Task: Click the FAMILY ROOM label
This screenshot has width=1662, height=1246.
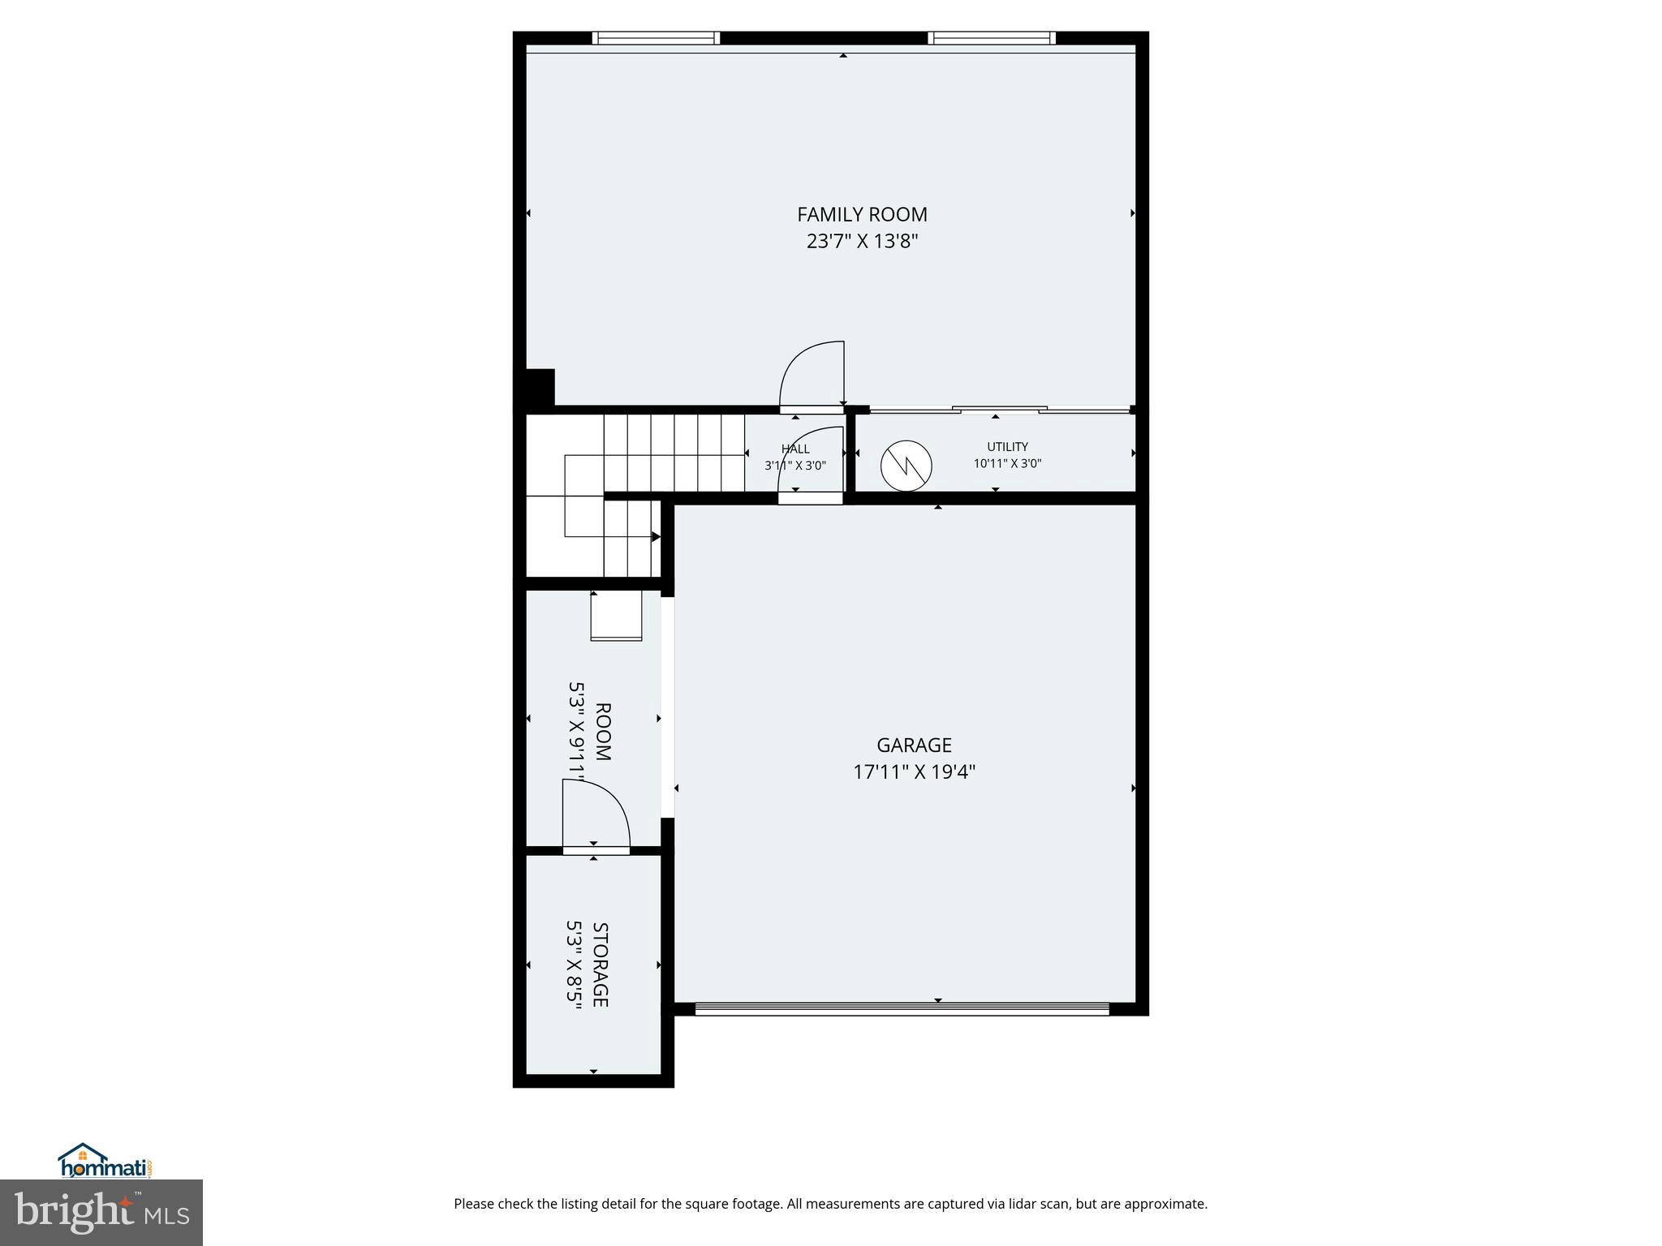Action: pos(862,214)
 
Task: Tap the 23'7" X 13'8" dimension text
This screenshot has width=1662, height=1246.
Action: pos(862,242)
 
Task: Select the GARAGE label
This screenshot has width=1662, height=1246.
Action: pos(914,745)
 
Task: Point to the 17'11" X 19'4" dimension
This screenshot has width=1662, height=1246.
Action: pos(914,771)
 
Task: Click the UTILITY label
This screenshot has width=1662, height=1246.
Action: pos(1007,447)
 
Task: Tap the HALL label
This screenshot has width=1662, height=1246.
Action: pos(795,449)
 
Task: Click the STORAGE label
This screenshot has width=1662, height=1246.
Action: pos(601,965)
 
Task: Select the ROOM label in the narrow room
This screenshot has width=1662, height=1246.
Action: pos(603,732)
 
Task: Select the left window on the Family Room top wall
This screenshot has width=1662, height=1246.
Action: pos(656,38)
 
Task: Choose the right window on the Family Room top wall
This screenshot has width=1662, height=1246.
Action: pos(991,38)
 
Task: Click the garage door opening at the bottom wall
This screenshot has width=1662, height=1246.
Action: pos(902,1009)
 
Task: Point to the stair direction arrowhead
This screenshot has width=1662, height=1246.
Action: pos(656,537)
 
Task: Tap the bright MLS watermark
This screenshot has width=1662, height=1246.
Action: pos(101,1212)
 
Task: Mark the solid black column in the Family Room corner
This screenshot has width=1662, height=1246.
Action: pos(540,386)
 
